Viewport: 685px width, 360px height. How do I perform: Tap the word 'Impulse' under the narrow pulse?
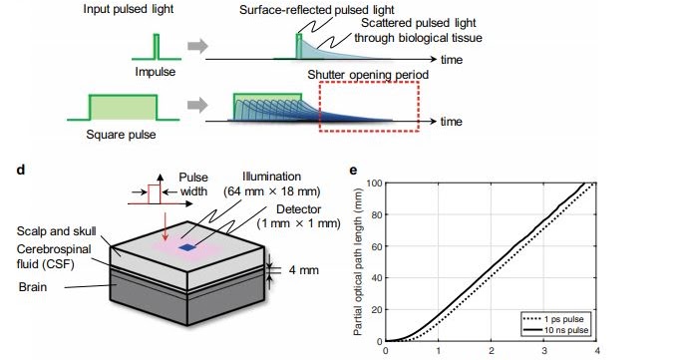[156, 72]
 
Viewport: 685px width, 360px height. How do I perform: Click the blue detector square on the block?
[187, 245]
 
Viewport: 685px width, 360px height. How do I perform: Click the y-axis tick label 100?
[365, 182]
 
